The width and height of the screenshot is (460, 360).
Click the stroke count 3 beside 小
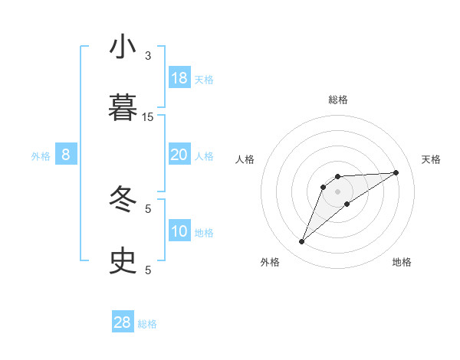click(x=148, y=56)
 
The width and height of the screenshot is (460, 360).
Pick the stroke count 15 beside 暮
click(x=148, y=116)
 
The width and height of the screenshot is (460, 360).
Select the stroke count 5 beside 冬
click(x=148, y=208)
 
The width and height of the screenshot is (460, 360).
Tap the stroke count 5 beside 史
click(x=148, y=270)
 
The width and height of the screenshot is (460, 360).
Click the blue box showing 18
click(x=179, y=78)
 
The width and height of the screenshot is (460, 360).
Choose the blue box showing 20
click(x=179, y=155)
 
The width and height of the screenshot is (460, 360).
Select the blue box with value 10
click(x=179, y=231)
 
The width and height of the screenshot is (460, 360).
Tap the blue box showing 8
click(x=66, y=155)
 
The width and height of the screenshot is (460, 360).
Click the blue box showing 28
click(x=123, y=322)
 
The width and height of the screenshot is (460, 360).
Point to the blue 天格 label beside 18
click(x=204, y=80)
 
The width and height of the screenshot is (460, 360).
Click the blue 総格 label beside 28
click(x=147, y=324)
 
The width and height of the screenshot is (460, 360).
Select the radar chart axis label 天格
click(x=432, y=159)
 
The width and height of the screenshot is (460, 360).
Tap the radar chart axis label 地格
click(x=402, y=262)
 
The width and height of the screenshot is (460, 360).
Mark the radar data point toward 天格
click(x=396, y=172)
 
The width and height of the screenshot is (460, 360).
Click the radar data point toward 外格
click(x=301, y=242)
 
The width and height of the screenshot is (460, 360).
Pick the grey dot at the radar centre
click(x=337, y=191)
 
